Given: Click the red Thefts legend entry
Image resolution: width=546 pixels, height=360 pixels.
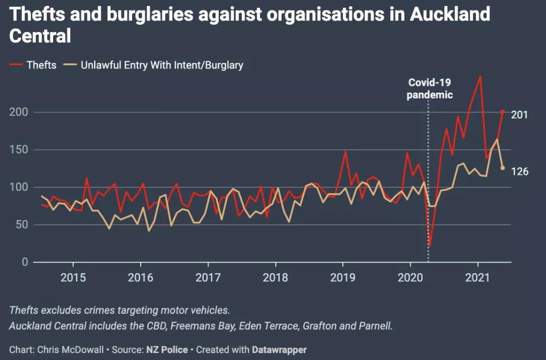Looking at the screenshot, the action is [x=33, y=65].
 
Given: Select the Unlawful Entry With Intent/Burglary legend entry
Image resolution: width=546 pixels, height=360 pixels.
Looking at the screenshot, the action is [x=153, y=65].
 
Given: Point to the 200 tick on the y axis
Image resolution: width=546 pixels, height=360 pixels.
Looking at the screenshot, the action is [x=19, y=112].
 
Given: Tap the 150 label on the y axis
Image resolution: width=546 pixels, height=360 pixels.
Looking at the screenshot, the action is [x=19, y=150].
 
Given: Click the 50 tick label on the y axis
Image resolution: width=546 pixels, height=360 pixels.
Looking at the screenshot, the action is [x=22, y=224].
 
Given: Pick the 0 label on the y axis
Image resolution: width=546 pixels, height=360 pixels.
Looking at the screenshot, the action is [x=25, y=262].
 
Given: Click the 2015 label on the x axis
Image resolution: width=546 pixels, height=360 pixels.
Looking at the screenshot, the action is [x=73, y=278].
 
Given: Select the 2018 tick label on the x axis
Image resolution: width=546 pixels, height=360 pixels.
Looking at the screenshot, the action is [x=276, y=278].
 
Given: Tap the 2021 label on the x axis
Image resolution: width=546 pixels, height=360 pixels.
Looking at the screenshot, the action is [x=478, y=278].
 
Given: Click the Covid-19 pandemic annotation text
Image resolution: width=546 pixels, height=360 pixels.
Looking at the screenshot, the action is [x=430, y=88].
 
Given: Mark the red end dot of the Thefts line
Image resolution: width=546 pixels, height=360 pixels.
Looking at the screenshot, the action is [x=503, y=112].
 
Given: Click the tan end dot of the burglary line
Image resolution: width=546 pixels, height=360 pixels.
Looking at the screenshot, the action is [x=503, y=168].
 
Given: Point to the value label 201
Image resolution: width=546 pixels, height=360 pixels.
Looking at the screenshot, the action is [x=520, y=115].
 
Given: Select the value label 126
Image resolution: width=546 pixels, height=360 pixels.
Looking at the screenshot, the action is [x=520, y=171].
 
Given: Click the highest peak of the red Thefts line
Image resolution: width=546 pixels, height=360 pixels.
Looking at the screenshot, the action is [x=481, y=76].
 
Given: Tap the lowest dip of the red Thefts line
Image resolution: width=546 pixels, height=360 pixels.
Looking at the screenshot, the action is [x=430, y=245].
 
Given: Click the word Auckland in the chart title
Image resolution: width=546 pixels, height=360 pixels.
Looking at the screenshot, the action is [x=450, y=14].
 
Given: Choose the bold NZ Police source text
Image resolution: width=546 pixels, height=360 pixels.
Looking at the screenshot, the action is [x=167, y=350].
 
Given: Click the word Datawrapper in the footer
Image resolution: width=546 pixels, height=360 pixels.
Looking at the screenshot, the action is [x=279, y=350].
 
